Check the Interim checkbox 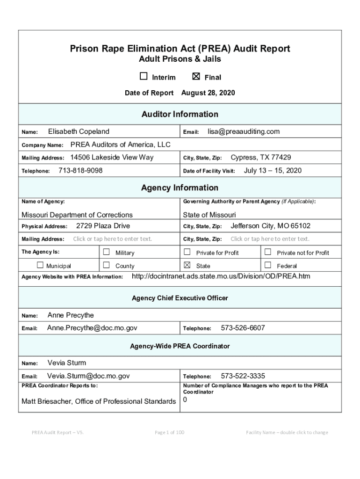tap(144, 77)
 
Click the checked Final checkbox tap(196, 77)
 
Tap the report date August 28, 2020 tap(208, 93)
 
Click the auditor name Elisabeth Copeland tap(79, 131)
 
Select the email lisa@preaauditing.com tap(244, 131)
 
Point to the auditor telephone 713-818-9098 tap(80, 171)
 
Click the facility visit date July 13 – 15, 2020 tap(273, 171)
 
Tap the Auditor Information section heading tap(180, 114)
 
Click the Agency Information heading tap(180, 188)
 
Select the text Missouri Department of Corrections tap(77, 215)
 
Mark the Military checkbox tap(106, 252)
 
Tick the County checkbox tap(106, 265)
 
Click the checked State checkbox tap(187, 265)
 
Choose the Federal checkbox tap(268, 265)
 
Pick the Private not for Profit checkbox tap(268, 252)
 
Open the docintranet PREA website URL tap(221, 276)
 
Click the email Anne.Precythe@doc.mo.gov tap(92, 328)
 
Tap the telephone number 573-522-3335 tap(243, 376)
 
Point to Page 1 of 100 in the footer tap(169, 432)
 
